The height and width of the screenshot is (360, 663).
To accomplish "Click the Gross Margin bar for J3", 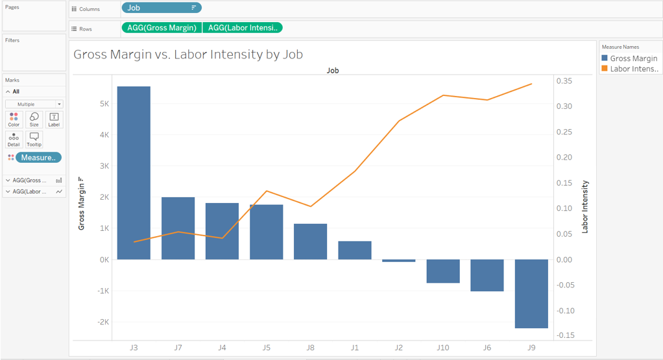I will [x=134, y=173].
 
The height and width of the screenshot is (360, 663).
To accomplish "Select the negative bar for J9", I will [x=531, y=293].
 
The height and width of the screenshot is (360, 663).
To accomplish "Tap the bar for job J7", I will [x=178, y=228].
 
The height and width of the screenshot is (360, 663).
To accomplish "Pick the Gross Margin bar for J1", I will [x=354, y=250].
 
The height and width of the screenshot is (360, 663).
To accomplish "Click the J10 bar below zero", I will [x=442, y=271].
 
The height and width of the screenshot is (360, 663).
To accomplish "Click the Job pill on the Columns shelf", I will [x=161, y=8].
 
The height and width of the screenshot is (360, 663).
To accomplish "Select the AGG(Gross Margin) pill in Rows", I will [x=162, y=28].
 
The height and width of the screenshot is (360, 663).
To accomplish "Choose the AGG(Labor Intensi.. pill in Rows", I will [x=243, y=28].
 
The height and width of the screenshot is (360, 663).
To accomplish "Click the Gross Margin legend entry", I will [x=629, y=58].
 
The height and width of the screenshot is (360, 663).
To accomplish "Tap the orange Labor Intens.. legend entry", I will [x=629, y=69].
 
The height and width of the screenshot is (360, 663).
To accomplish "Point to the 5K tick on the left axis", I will [x=103, y=104].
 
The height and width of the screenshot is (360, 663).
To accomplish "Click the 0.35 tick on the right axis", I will [x=564, y=81].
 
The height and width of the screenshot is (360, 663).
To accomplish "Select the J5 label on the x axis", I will [x=266, y=348].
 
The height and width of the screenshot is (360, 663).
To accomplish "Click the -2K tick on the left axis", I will [x=102, y=322].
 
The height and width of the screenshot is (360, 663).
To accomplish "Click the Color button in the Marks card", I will [x=14, y=119].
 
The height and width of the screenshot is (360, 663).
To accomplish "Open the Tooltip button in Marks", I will [x=34, y=139].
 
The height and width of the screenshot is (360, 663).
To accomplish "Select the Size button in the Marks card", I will [x=34, y=119].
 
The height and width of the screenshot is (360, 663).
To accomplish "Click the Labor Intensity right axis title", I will [x=585, y=206].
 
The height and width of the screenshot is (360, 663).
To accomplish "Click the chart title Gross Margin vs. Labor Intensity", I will [x=188, y=54].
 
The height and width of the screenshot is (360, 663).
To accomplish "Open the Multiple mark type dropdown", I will [x=34, y=104].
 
